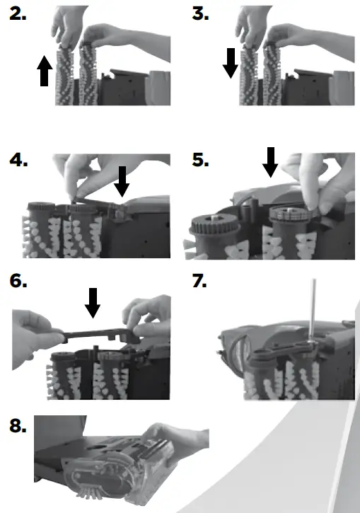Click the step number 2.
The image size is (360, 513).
(19, 15)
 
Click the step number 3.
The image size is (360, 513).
(201, 15)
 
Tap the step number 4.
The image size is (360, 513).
(19, 161)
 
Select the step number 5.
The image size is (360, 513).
(201, 161)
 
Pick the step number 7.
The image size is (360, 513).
(201, 282)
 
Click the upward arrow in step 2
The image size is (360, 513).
(44, 72)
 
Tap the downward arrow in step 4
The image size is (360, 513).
(122, 181)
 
